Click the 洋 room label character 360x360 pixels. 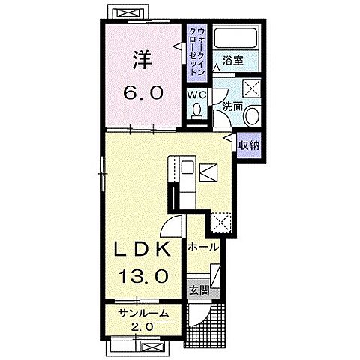(x=142, y=60)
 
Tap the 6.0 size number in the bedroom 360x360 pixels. (x=142, y=93)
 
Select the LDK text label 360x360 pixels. (x=142, y=249)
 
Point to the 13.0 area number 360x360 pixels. (x=142, y=275)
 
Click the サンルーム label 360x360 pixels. (x=142, y=313)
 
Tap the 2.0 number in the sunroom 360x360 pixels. (x=142, y=326)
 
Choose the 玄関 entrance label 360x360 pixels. (x=199, y=290)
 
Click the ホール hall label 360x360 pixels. (x=203, y=247)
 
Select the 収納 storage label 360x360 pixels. (x=249, y=145)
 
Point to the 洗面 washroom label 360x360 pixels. (x=232, y=106)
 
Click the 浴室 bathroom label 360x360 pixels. (x=233, y=61)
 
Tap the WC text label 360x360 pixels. (x=197, y=95)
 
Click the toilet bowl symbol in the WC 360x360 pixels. (x=197, y=111)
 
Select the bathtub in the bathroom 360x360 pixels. (x=236, y=38)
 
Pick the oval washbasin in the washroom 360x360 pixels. (x=253, y=115)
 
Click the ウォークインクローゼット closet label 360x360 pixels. (x=197, y=52)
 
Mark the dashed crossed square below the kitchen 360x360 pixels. (x=220, y=222)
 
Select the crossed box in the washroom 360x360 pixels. (x=252, y=88)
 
